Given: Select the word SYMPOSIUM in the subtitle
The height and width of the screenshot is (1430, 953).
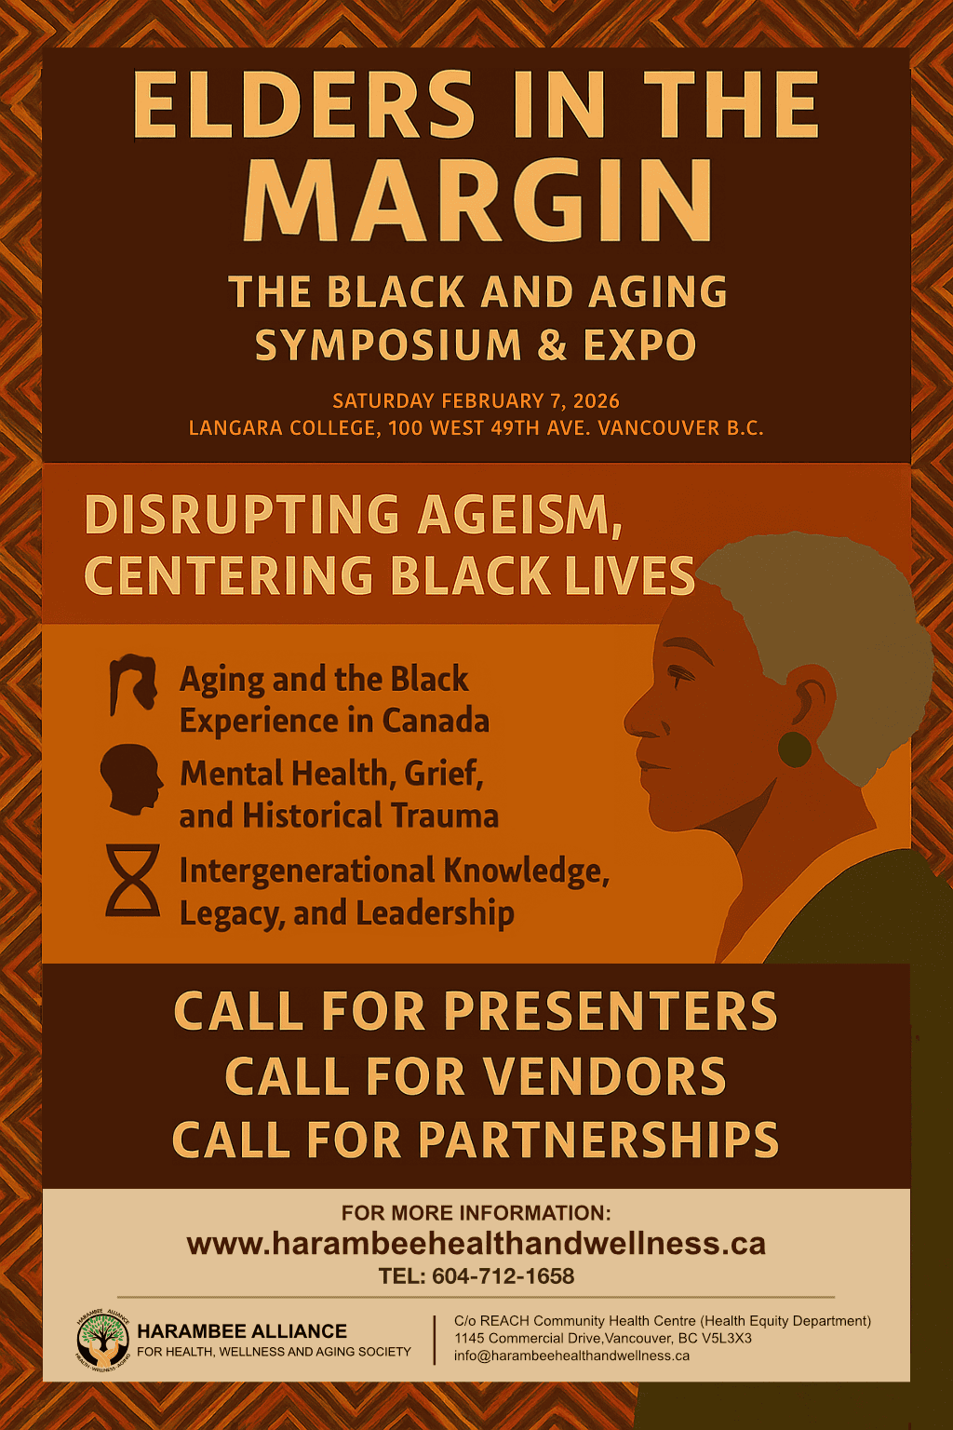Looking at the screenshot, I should [x=388, y=345].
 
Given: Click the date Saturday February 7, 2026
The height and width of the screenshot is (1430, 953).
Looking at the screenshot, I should [x=476, y=401].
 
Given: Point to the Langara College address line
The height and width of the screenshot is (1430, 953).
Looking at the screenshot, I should [x=476, y=428].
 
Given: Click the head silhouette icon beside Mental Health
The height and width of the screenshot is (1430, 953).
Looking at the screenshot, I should [x=131, y=779].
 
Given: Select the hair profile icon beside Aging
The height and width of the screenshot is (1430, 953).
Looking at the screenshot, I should [x=132, y=683].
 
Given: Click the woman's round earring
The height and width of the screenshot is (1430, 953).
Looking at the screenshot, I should [x=794, y=749].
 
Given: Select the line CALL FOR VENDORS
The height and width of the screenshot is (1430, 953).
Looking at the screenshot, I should [x=476, y=1077].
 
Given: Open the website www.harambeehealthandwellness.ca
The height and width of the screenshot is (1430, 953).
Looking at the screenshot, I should [x=476, y=1244].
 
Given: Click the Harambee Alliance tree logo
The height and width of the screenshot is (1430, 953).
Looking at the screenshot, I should [x=102, y=1341].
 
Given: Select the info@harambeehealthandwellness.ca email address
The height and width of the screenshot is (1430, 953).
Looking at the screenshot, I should [x=571, y=1356].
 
